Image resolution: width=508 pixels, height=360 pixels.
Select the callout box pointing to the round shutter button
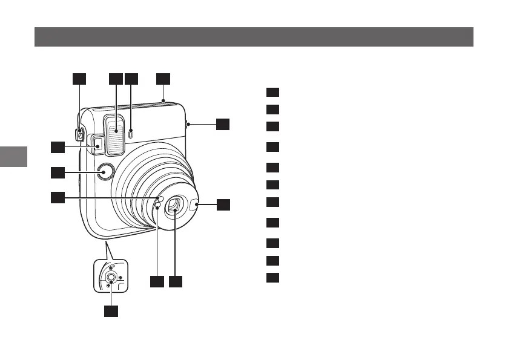point(58,173)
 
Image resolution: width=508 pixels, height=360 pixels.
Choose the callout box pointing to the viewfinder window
point(58,147)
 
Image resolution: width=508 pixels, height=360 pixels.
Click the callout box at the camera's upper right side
point(223,123)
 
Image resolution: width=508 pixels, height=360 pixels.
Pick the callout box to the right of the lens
point(223,205)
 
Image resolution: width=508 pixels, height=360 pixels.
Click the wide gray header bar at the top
point(254,36)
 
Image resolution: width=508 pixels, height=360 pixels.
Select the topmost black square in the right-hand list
point(272,92)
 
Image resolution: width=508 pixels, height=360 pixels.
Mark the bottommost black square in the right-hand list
point(272,278)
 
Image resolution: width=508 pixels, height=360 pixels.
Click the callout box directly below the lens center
point(176,282)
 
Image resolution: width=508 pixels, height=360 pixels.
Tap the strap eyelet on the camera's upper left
point(80,131)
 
